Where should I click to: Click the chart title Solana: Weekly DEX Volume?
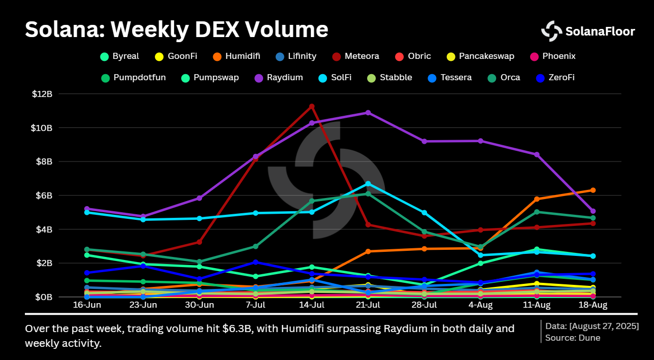(176, 29)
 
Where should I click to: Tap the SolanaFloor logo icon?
(551, 31)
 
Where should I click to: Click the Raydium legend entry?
(279, 78)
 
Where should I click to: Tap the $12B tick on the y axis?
(42, 94)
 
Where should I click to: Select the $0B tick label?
(44, 297)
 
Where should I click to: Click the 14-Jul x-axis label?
(312, 306)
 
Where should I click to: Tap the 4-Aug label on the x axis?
(480, 306)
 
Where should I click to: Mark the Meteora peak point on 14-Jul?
(312, 106)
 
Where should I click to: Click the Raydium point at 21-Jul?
(368, 112)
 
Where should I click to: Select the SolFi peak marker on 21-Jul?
(368, 183)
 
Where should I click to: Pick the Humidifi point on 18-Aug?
(593, 190)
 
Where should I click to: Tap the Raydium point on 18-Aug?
(593, 211)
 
